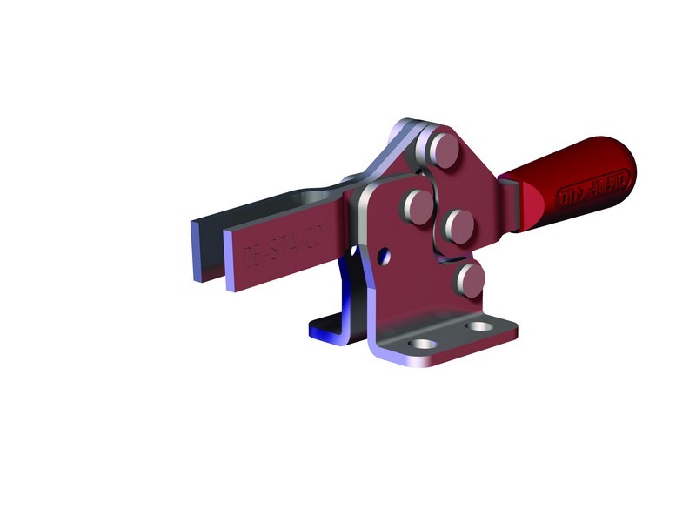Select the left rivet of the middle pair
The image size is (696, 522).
point(418,206)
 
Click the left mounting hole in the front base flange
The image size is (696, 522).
point(422,345)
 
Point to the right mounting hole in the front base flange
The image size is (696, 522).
point(478,327)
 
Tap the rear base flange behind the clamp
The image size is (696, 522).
point(325,330)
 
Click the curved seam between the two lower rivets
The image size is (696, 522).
point(452,257)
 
